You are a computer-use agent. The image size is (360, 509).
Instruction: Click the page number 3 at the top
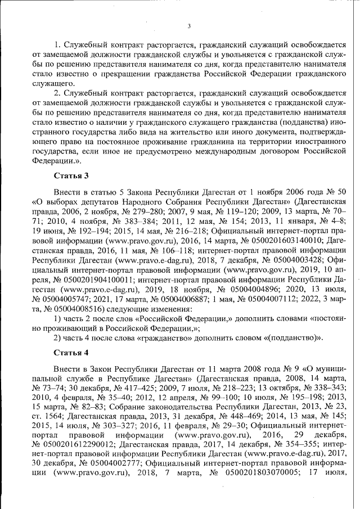pyautogui.click(x=190, y=26)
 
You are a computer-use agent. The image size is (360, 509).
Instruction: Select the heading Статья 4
pyautogui.click(x=71, y=353)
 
